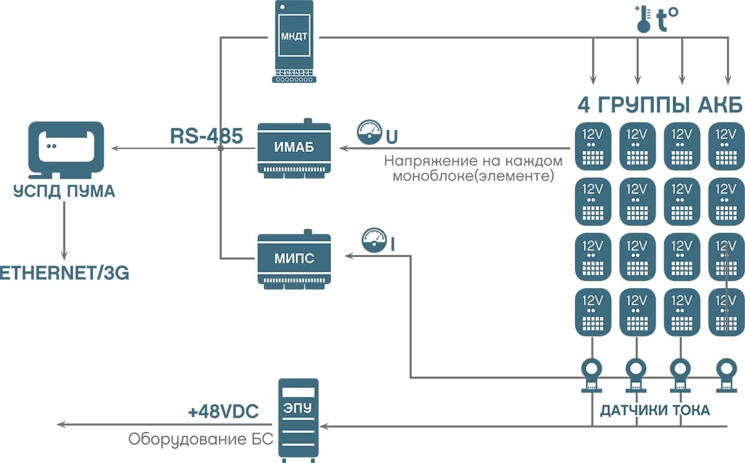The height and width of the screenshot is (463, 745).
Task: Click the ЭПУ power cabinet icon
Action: tap(299, 419)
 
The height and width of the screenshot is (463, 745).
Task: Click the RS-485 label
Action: tap(206, 137)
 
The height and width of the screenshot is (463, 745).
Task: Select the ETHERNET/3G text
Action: tap(64, 273)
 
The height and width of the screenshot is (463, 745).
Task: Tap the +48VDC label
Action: tap(223, 412)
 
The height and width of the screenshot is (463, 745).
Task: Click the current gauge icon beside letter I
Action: tap(374, 240)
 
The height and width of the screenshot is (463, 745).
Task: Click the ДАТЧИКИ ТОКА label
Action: tap(654, 410)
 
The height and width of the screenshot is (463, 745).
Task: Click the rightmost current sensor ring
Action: tap(725, 372)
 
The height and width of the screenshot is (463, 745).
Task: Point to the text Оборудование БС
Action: tap(201, 439)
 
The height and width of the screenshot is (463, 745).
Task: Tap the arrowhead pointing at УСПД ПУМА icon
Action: tap(115, 149)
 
